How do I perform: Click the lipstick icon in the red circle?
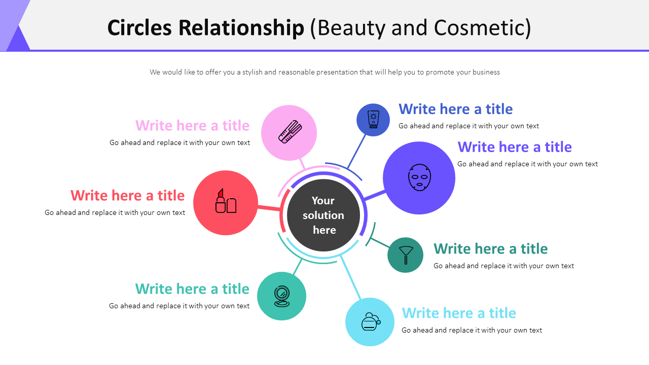tap(226, 201)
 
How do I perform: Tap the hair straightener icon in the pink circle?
tap(290, 132)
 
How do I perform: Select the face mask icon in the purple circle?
tap(419, 177)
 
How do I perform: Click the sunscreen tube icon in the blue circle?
tap(373, 120)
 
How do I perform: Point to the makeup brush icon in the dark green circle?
tap(406, 255)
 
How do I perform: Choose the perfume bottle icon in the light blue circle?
tap(371, 321)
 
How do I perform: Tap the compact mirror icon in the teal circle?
tap(281, 296)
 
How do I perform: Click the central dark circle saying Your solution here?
tap(323, 215)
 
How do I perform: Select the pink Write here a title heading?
tap(192, 126)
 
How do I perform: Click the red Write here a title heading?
tap(127, 196)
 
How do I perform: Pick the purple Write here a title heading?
tap(514, 147)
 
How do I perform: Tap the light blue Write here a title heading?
tap(458, 313)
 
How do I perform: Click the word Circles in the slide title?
tap(139, 28)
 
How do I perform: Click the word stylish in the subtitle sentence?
tap(251, 72)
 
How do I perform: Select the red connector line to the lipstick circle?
tap(269, 208)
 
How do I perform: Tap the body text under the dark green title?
tap(503, 266)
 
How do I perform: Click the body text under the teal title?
tap(179, 306)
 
